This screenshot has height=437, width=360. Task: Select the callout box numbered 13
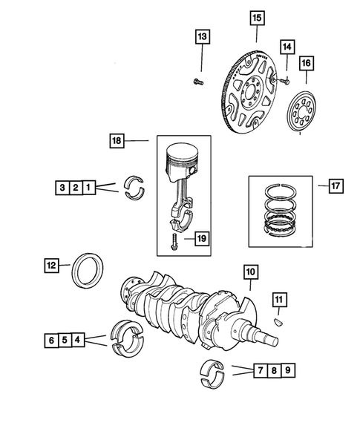[202, 36]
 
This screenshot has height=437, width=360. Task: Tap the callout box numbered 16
[307, 64]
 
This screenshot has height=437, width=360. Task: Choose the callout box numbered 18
[117, 139]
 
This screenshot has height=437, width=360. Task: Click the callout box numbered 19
[201, 238]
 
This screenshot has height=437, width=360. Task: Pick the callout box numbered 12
[50, 263]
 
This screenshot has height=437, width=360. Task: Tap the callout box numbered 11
[278, 299]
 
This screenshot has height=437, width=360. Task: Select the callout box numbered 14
[287, 46]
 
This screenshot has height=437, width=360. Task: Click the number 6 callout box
[50, 341]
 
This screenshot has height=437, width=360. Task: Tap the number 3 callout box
[61, 188]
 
